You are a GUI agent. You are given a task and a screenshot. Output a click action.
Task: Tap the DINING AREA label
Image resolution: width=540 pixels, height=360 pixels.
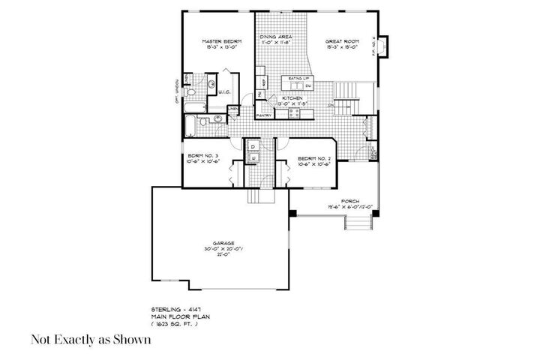pyautogui.click(x=275, y=36)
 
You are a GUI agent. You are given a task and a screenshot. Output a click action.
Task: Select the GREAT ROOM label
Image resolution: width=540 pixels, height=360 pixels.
pyautogui.click(x=342, y=41)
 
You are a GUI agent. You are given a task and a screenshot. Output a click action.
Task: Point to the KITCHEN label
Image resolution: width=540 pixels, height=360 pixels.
pyautogui.click(x=292, y=98)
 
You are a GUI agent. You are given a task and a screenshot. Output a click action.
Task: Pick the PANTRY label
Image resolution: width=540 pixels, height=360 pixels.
pyautogui.click(x=264, y=116)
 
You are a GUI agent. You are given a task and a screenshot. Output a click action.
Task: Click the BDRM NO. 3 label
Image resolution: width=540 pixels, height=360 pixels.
pyautogui.click(x=202, y=157)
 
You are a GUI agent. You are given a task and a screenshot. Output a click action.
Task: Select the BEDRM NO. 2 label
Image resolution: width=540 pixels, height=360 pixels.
pyautogui.click(x=310, y=159)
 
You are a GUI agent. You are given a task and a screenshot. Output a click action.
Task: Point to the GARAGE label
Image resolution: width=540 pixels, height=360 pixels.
pyautogui.click(x=223, y=243)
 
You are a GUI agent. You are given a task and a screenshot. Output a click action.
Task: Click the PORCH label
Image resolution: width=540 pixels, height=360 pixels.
pyautogui.click(x=349, y=201)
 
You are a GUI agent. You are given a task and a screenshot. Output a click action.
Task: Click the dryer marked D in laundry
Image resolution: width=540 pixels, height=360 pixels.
pyautogui.click(x=253, y=146)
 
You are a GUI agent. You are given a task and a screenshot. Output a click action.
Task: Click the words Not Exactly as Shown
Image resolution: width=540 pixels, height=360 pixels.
pyautogui.click(x=91, y=340)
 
